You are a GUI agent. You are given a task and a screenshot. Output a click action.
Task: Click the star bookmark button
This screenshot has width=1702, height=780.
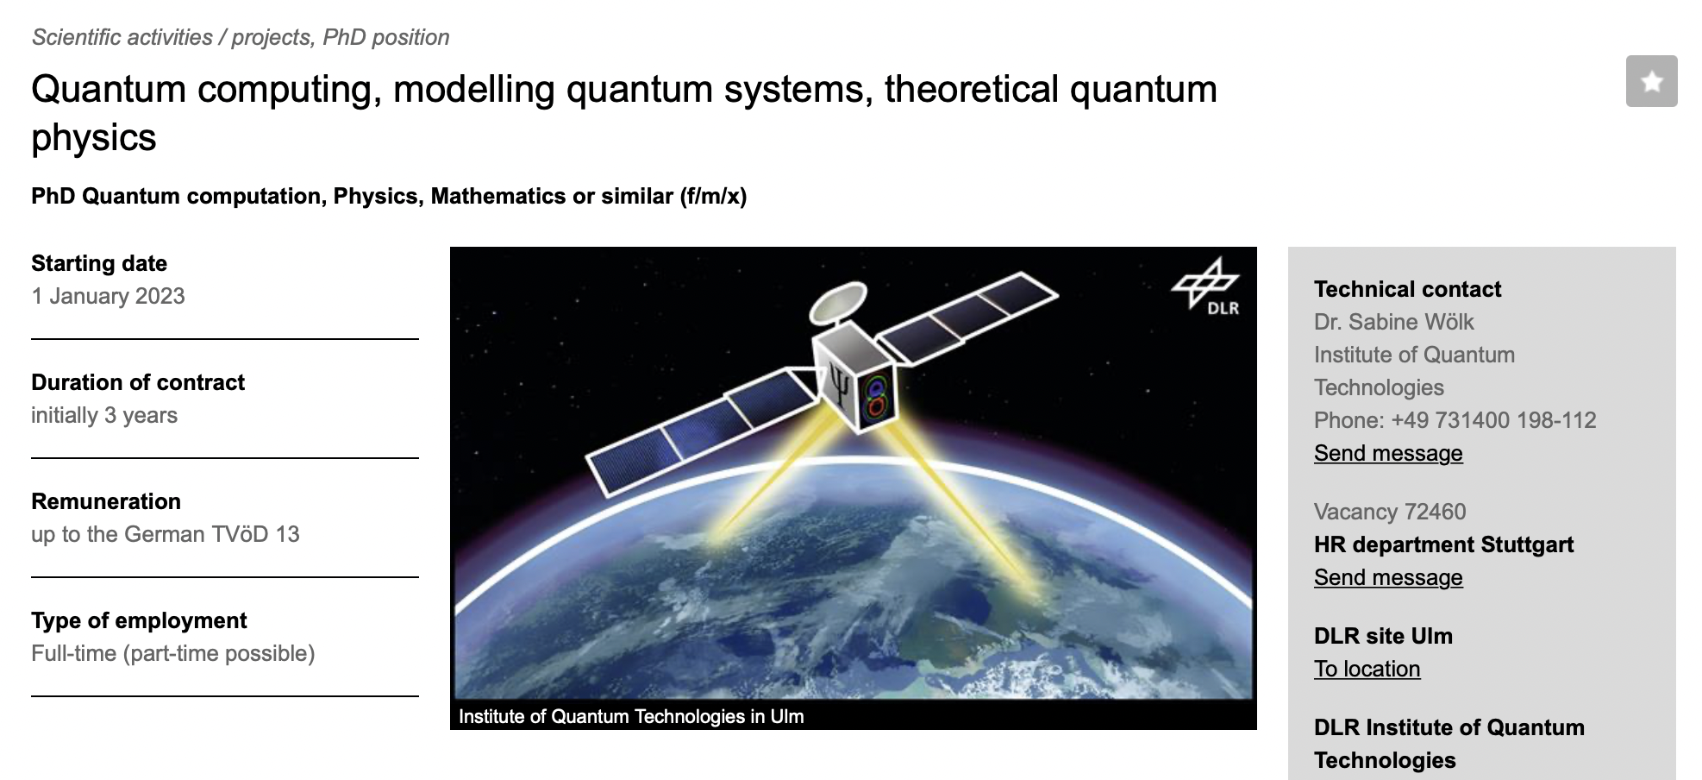point(1651,81)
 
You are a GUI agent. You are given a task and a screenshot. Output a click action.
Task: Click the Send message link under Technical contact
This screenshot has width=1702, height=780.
point(1388,453)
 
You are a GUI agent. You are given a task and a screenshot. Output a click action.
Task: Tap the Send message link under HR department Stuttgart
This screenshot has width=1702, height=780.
point(1388,577)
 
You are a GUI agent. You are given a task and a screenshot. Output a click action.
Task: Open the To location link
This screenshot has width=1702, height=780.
point(1367,669)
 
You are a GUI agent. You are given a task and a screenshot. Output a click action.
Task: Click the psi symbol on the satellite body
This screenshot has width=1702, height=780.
point(839,385)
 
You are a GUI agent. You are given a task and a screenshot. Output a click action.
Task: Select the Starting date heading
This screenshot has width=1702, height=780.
point(99,263)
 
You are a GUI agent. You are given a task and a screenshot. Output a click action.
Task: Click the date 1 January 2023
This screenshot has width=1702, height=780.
point(109,296)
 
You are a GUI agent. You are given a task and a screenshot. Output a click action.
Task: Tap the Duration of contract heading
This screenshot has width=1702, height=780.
point(138,382)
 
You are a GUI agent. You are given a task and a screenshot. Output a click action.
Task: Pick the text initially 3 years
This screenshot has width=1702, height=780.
point(104,415)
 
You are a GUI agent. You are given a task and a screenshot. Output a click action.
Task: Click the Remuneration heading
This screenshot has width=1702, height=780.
point(106,501)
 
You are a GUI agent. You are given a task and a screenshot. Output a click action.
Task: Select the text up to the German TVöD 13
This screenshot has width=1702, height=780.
point(166,534)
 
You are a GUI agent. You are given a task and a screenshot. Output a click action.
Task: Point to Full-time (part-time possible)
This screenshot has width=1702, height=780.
point(173,653)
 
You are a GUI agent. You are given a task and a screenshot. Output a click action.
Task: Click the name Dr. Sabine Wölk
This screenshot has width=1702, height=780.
point(1393,322)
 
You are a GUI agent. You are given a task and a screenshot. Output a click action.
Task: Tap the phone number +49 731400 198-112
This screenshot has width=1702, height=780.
point(1493,420)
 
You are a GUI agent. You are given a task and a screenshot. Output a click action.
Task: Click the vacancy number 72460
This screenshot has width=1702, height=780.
point(1435,512)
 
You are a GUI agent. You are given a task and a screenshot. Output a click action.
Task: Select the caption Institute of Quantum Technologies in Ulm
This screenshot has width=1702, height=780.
point(631,716)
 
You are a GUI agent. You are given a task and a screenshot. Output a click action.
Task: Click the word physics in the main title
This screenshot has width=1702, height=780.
point(94,138)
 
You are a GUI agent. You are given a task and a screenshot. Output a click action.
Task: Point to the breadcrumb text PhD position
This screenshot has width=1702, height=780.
point(386,37)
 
